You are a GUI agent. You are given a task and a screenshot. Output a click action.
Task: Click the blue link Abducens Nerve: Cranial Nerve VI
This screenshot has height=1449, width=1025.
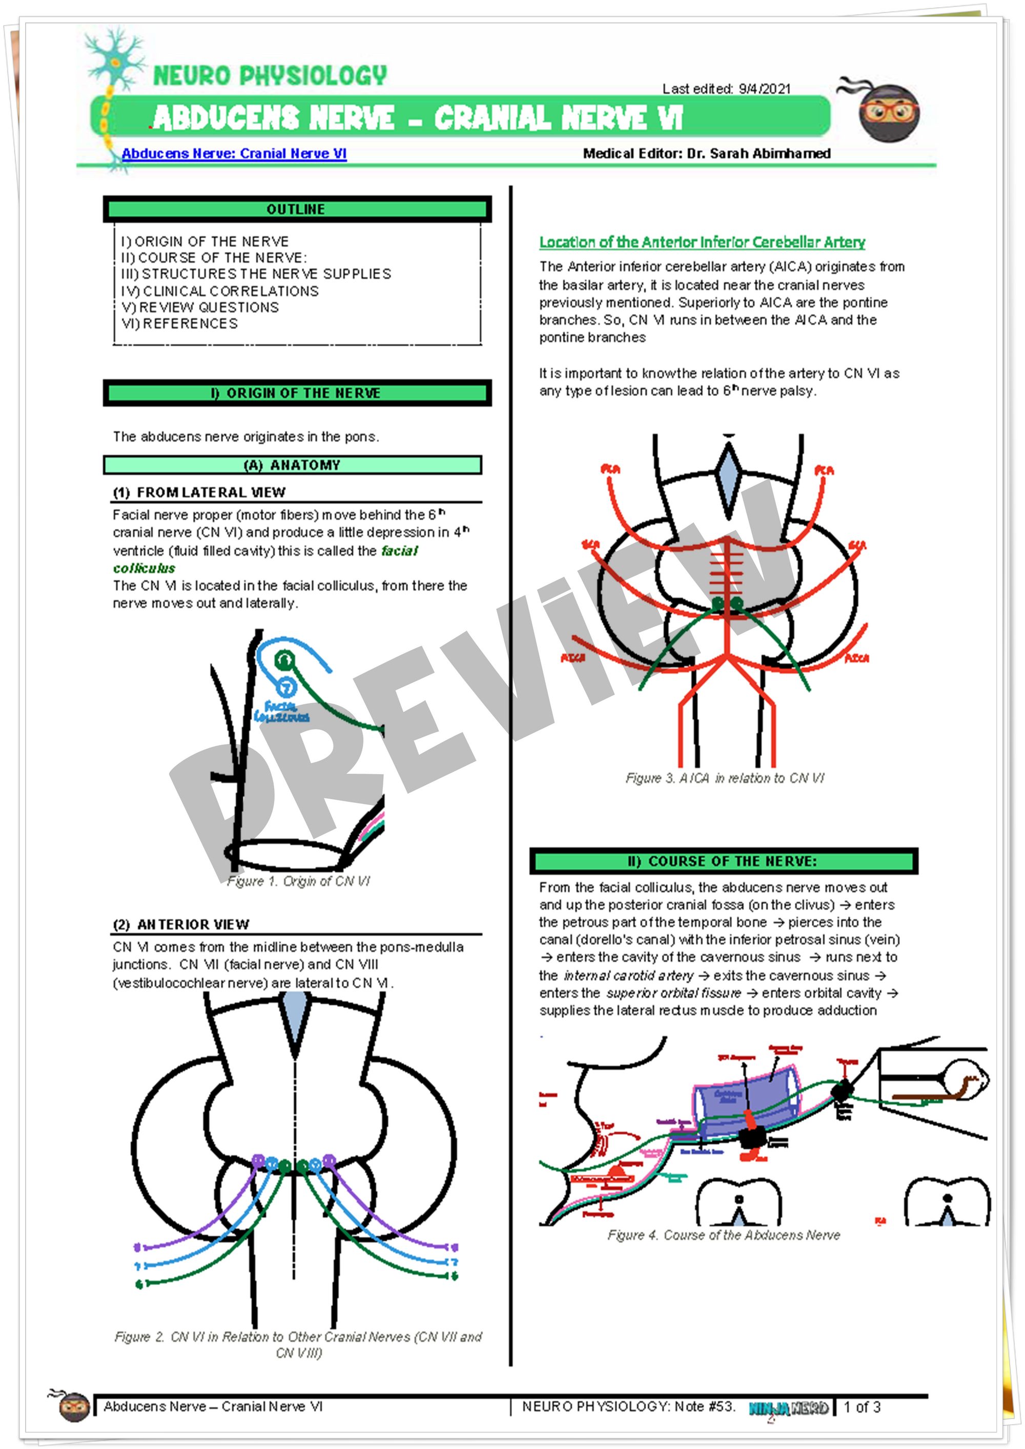pyautogui.click(x=234, y=153)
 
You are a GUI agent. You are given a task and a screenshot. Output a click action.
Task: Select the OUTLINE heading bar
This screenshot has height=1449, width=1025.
pyautogui.click(x=297, y=209)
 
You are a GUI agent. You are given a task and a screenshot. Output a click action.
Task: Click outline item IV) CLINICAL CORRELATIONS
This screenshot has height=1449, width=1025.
pyautogui.click(x=220, y=291)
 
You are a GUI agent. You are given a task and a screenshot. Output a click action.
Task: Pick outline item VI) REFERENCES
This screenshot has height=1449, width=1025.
pyautogui.click(x=179, y=324)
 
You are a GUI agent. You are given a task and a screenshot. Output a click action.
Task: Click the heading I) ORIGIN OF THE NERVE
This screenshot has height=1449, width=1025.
pyautogui.click(x=297, y=393)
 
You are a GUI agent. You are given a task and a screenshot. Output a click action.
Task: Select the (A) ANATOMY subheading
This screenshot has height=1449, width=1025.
pyautogui.click(x=292, y=465)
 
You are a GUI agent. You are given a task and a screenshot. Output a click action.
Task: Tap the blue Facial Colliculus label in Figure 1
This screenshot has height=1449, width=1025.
pyautogui.click(x=281, y=712)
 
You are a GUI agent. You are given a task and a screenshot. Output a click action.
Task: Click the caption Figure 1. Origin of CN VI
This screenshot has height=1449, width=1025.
pyautogui.click(x=299, y=881)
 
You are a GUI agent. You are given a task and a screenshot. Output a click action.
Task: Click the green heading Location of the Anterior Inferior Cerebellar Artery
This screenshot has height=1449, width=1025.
pyautogui.click(x=702, y=242)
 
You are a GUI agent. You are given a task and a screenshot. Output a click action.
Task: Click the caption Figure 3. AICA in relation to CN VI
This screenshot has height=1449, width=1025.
pyautogui.click(x=725, y=778)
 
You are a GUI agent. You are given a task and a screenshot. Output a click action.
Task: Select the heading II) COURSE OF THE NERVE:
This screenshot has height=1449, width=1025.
pyautogui.click(x=723, y=861)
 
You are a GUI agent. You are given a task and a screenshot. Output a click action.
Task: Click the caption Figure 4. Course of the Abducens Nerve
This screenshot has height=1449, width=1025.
pyautogui.click(x=723, y=1235)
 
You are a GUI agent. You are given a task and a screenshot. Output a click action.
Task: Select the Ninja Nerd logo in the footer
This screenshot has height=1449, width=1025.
pyautogui.click(x=788, y=1408)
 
